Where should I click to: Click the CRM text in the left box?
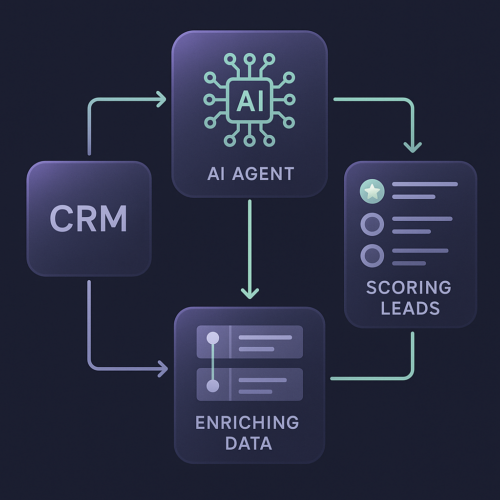pyautogui.click(x=88, y=218)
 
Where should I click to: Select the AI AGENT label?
pyautogui.click(x=250, y=173)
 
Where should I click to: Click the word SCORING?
pyautogui.click(x=409, y=287)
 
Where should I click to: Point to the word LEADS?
pyautogui.click(x=410, y=308)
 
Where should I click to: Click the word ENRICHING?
pyautogui.click(x=247, y=422)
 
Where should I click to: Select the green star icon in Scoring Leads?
pyautogui.click(x=372, y=191)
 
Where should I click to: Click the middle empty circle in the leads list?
pyautogui.click(x=372, y=224)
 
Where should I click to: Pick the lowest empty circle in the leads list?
pyautogui.click(x=372, y=255)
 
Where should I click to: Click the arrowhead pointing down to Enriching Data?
pyautogui.click(x=250, y=292)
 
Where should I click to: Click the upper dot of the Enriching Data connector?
pyautogui.click(x=213, y=338)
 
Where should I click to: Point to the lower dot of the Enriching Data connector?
pyautogui.click(x=213, y=386)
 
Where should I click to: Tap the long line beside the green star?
pyautogui.click(x=424, y=185)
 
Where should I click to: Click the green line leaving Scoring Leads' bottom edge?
pyautogui.click(x=413, y=352)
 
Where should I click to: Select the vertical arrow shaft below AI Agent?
pyautogui.click(x=250, y=244)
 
